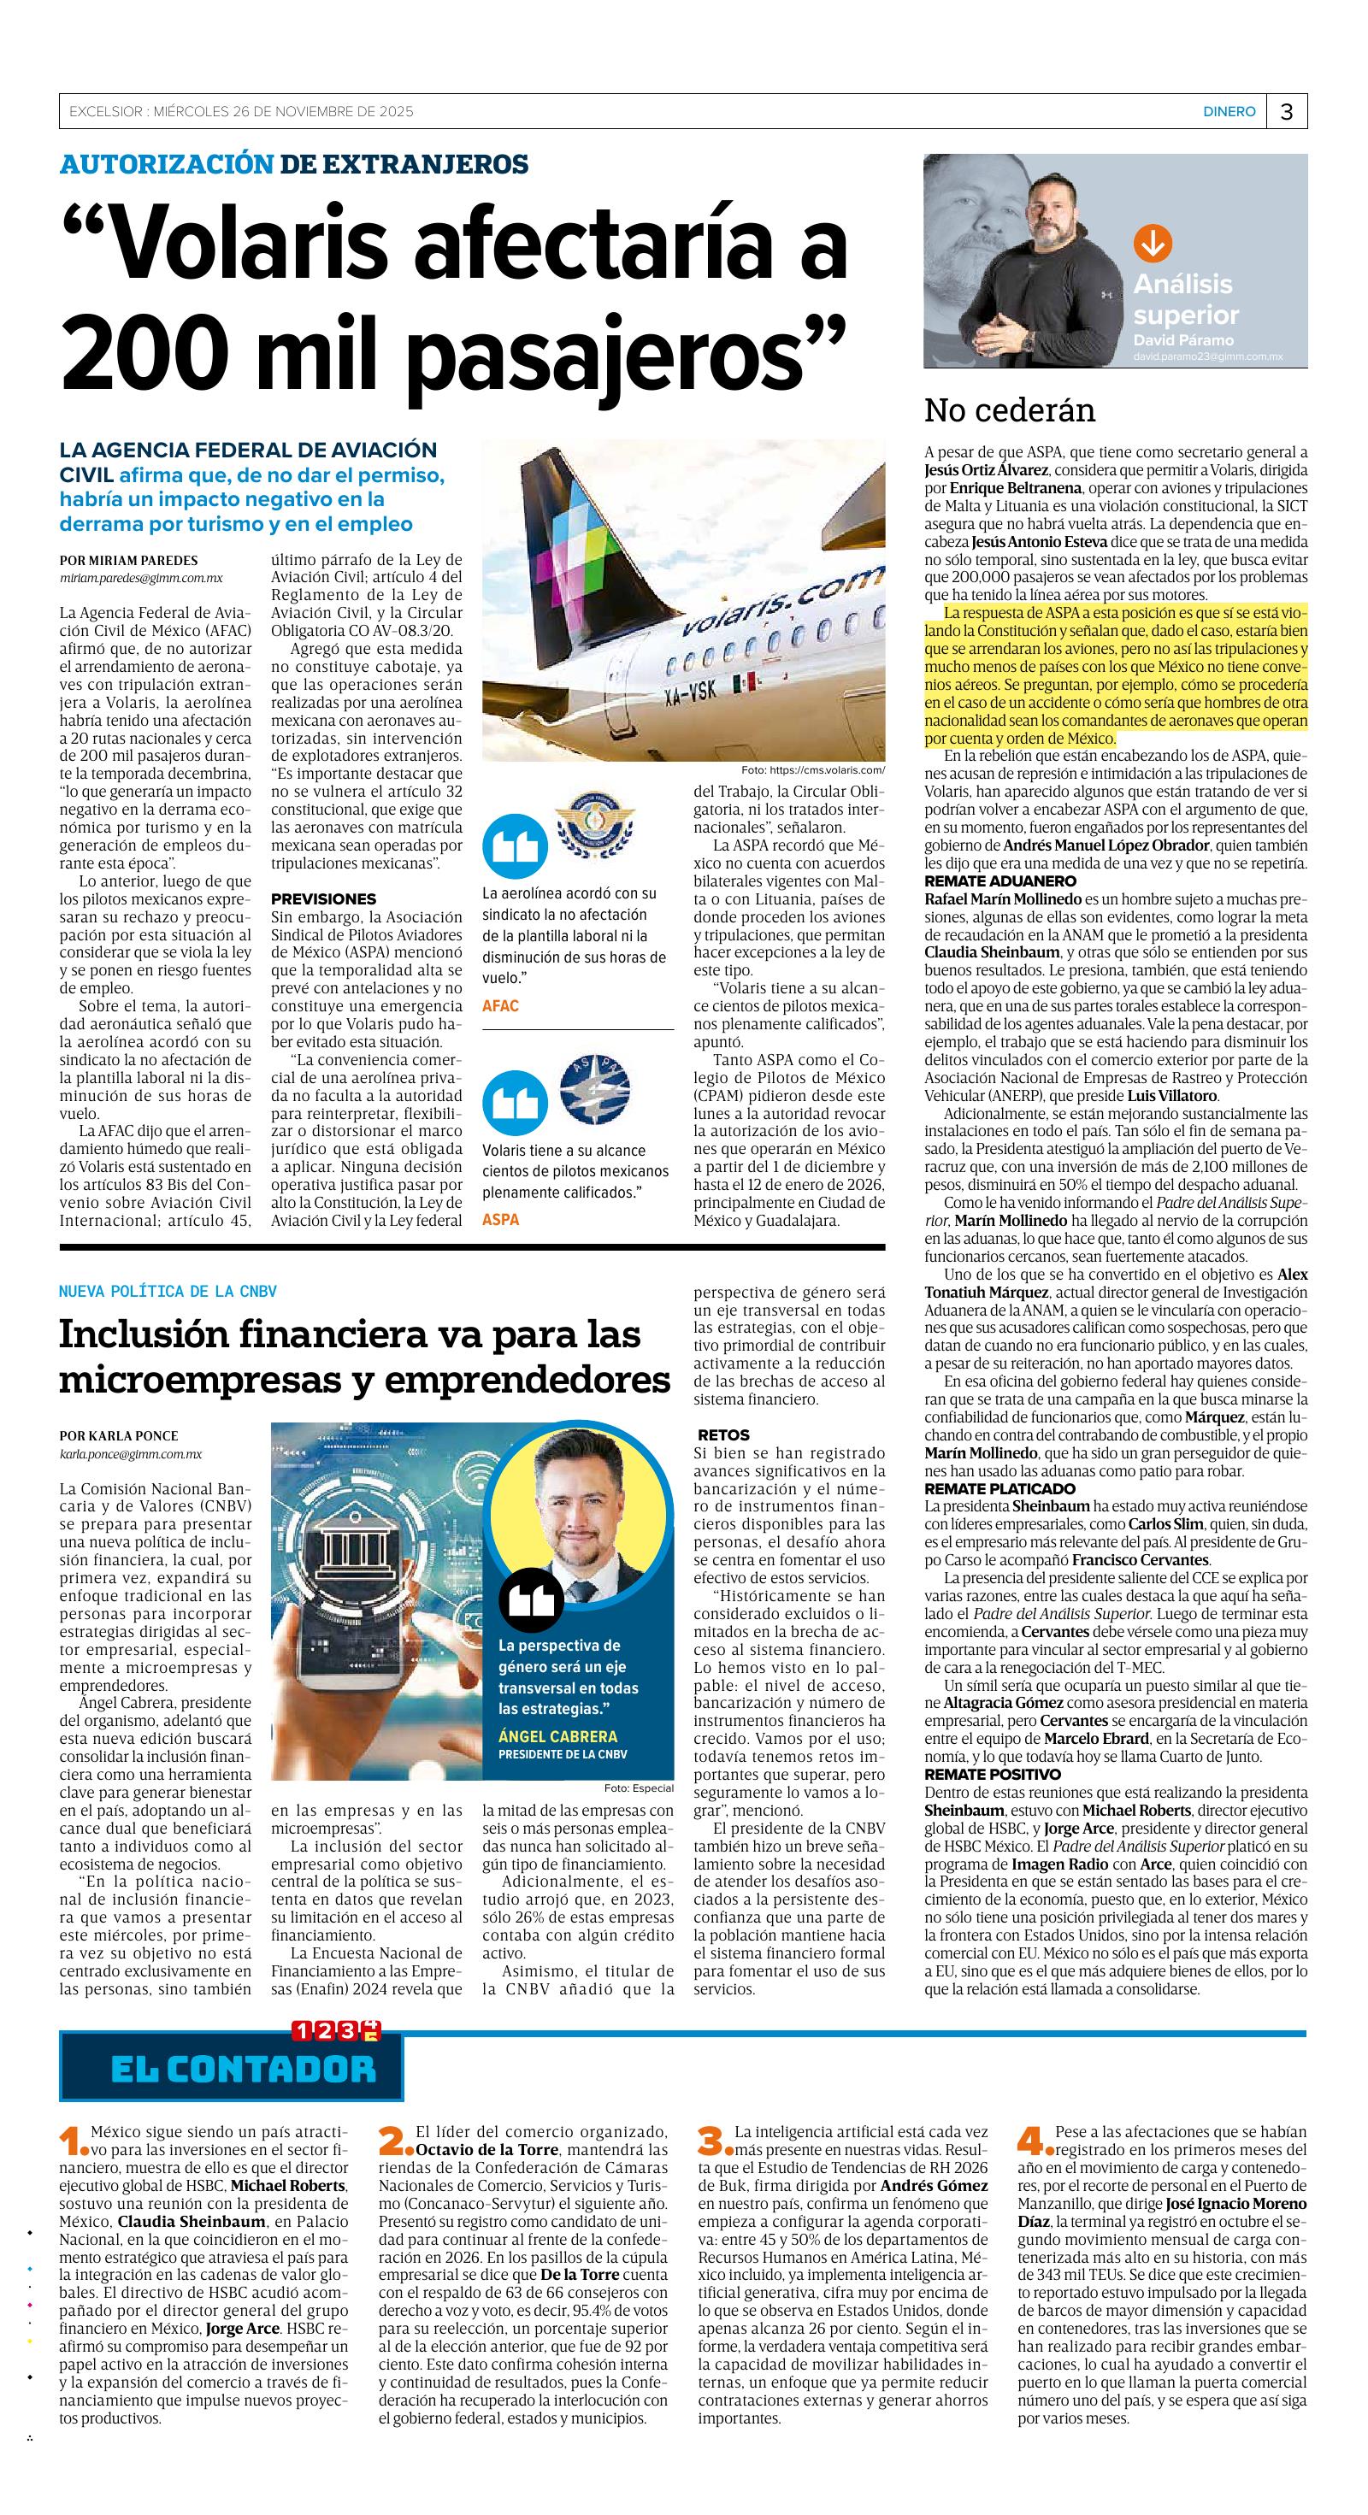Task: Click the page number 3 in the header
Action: pos(1286,112)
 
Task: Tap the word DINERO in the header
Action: pos(1229,112)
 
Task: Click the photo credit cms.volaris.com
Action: pos(812,769)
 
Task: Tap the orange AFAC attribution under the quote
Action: pos(500,1005)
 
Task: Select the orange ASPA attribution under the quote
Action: pos(500,1219)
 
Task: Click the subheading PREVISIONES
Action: pos(323,898)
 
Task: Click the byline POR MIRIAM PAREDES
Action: pos(128,561)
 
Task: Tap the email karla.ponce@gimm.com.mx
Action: pos(131,1454)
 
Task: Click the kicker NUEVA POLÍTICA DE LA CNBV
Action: pos(168,1291)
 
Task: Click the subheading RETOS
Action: pos(723,1434)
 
